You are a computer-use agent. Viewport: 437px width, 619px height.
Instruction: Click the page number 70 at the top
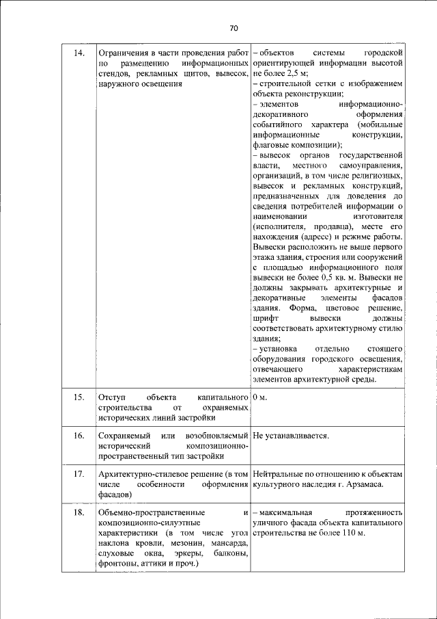[x=233, y=28]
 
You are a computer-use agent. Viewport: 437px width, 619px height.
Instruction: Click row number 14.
[x=79, y=53]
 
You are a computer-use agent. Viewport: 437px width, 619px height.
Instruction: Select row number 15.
[x=79, y=397]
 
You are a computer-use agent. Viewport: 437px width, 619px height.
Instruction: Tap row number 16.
[x=79, y=436]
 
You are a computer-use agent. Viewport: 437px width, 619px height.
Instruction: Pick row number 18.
[x=79, y=512]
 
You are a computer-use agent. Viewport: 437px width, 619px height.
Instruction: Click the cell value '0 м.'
[x=259, y=397]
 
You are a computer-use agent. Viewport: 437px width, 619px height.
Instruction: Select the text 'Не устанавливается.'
[x=291, y=436]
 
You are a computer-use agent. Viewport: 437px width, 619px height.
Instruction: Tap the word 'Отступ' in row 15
[x=111, y=397]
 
